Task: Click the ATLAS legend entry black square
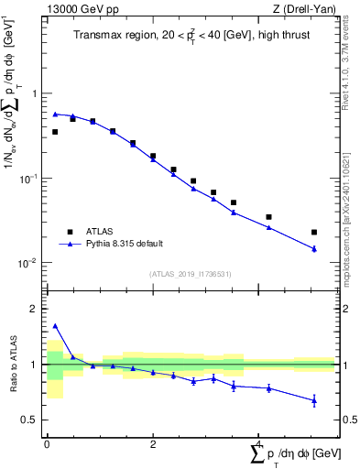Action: click(x=68, y=231)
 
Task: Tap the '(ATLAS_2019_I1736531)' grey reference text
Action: click(x=190, y=274)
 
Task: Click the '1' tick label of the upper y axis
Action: click(x=35, y=93)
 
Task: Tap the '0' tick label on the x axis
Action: click(x=46, y=443)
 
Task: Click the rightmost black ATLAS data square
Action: click(x=314, y=233)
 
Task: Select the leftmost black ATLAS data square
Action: click(x=55, y=132)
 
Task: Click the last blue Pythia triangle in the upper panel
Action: click(x=314, y=248)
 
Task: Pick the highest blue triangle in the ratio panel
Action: click(x=55, y=325)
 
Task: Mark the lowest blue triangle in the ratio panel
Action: click(x=314, y=400)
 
